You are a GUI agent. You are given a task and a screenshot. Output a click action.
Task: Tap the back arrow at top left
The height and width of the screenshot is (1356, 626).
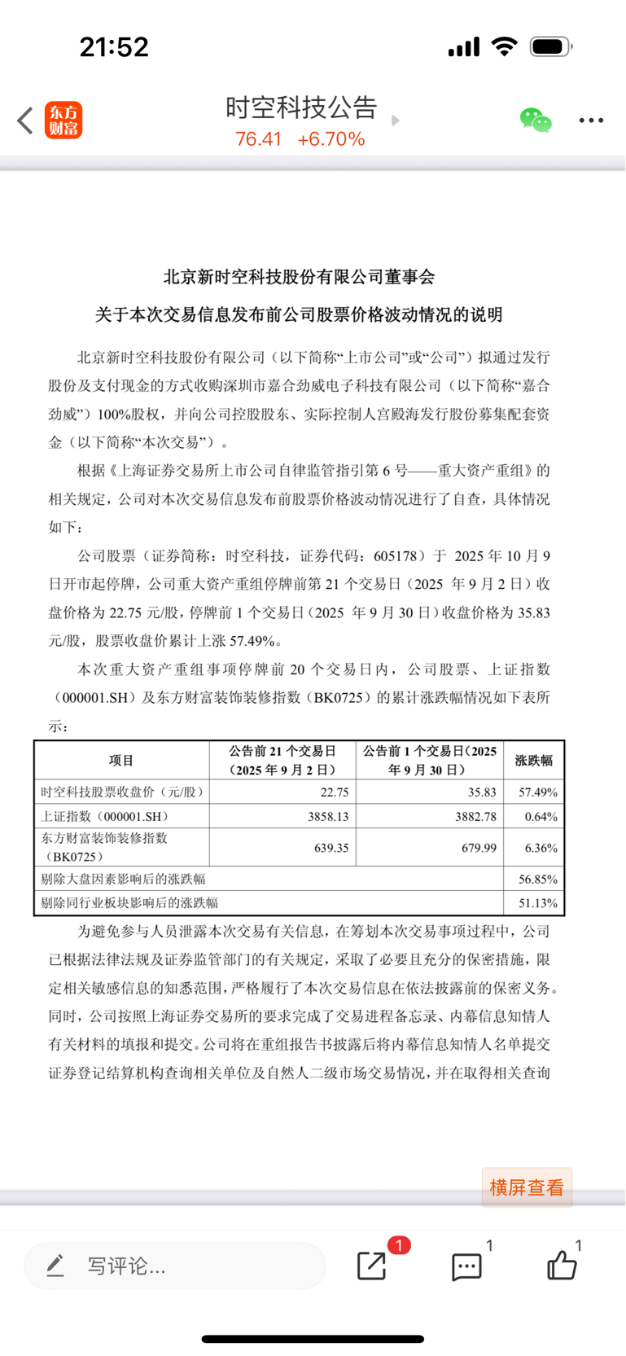pos(25,121)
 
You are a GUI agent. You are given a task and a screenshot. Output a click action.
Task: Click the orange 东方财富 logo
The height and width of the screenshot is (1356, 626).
pos(63,121)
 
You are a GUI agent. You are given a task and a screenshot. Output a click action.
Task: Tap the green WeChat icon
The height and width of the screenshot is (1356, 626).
pos(536,121)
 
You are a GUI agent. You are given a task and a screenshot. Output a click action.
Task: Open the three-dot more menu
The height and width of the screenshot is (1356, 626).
pos(591,121)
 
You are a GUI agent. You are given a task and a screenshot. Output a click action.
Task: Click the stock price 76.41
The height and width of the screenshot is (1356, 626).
pos(258,139)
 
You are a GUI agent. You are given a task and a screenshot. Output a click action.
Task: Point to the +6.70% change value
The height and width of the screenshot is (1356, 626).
pos(331,139)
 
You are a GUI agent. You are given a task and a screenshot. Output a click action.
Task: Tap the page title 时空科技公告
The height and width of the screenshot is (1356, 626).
pos(301,108)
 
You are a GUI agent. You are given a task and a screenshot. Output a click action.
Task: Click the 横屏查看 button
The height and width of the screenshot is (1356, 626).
pos(527,1187)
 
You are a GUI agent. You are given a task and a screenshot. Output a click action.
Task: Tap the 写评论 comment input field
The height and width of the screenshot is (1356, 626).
pos(175,1266)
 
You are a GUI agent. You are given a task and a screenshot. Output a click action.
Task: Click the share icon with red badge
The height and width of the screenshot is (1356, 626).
pos(373,1265)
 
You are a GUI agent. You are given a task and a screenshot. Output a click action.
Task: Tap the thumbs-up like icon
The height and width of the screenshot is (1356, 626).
pos(562,1266)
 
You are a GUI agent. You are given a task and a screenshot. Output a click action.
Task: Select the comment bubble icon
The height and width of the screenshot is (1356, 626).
pos(466,1266)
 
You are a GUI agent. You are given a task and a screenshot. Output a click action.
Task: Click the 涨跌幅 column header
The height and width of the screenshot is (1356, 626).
pos(534,761)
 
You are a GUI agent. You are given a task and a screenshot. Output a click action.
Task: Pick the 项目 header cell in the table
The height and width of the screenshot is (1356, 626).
pos(121,761)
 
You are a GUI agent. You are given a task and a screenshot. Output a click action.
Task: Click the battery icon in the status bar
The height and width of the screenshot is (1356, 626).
pos(551,47)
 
